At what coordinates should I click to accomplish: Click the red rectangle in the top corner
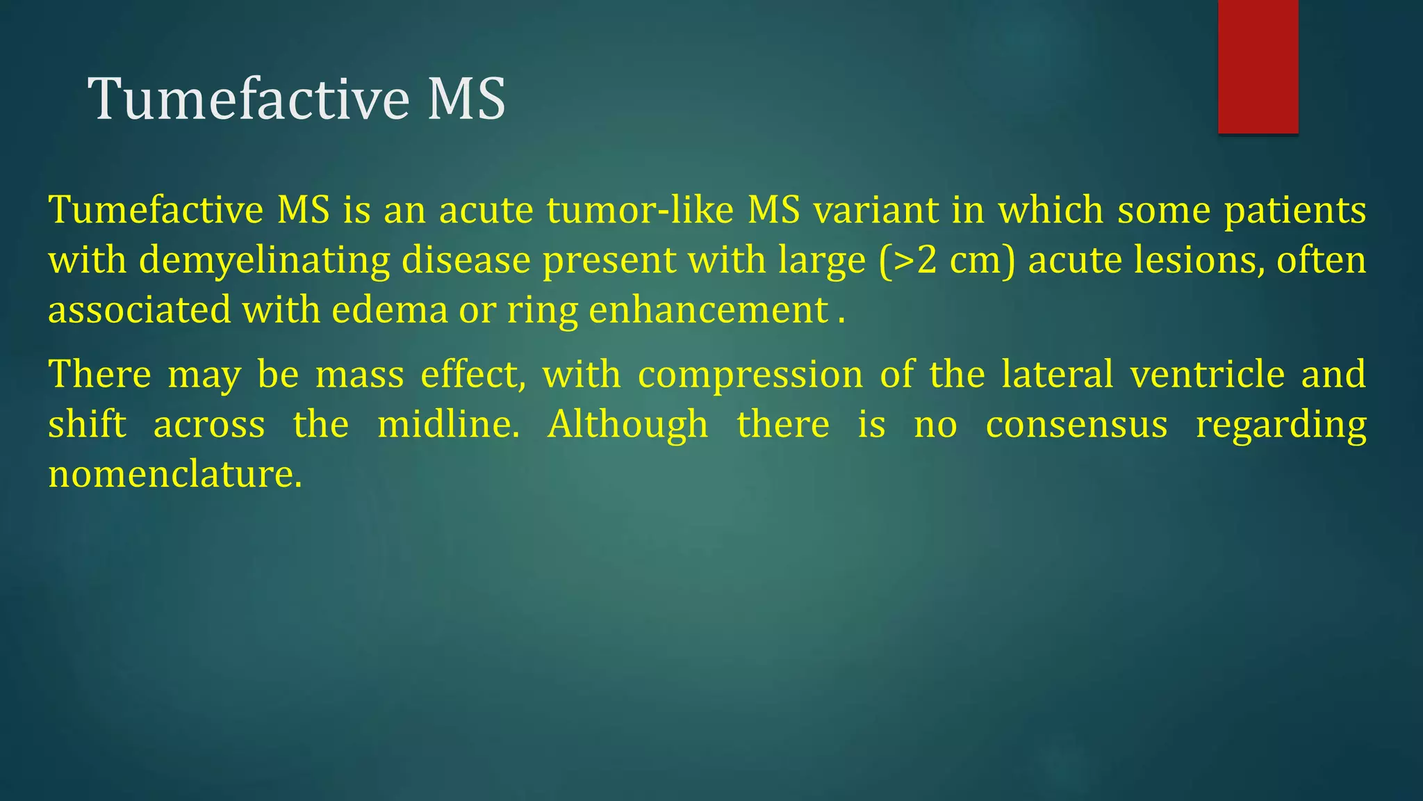click(x=1258, y=67)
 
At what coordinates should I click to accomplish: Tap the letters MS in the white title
click(x=466, y=99)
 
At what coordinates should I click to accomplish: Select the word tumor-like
click(x=640, y=210)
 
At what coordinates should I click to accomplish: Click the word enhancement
click(x=709, y=310)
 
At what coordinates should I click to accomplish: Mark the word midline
click(x=447, y=424)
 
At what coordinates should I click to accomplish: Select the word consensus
click(x=1076, y=424)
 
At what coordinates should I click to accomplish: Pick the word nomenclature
click(x=174, y=475)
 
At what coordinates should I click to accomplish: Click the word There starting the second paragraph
click(x=99, y=374)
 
